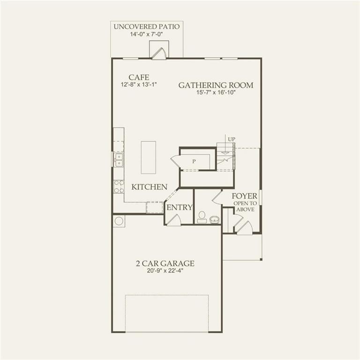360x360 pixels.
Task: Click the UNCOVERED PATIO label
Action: (146, 26)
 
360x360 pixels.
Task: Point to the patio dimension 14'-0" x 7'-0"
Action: (146, 34)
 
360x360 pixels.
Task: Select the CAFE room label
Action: (139, 77)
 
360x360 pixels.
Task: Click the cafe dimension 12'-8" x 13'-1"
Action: (139, 85)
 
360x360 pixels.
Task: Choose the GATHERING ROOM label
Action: (216, 85)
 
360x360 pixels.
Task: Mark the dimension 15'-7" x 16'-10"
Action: (216, 93)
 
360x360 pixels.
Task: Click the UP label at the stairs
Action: (231, 139)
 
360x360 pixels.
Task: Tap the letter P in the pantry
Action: (194, 161)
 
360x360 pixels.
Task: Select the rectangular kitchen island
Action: (148, 157)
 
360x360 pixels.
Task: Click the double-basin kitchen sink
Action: (119, 160)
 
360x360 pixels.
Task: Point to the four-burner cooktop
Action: (119, 187)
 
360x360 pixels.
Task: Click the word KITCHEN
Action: (149, 187)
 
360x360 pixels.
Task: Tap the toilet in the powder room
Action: (202, 217)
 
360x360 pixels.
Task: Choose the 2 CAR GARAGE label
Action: (165, 263)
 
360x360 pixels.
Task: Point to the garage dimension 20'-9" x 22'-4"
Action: (165, 271)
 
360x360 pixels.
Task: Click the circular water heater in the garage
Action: (119, 221)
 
